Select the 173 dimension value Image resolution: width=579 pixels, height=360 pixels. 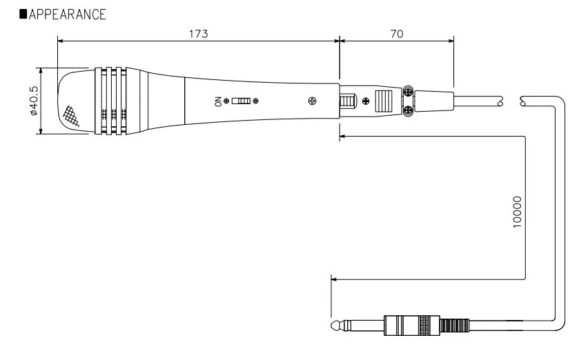tap(198, 34)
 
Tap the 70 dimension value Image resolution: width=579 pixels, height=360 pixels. tap(396, 34)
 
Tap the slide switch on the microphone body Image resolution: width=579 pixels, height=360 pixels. tap(240, 101)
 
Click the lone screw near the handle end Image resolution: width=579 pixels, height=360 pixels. tap(313, 101)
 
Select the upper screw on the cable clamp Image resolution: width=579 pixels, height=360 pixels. tap(408, 92)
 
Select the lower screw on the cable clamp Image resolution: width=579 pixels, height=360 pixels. tap(408, 110)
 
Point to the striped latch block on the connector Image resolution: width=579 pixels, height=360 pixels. tap(382, 101)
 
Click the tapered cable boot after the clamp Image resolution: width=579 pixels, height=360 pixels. tap(433, 101)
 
